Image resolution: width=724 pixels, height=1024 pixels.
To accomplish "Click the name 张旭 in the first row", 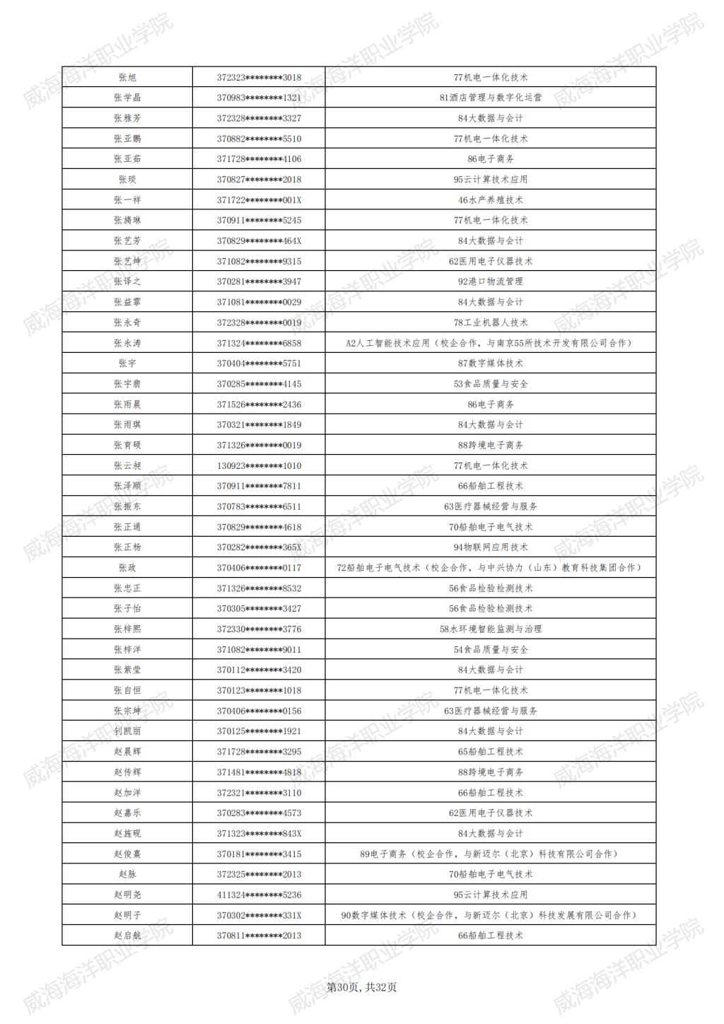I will pos(127,78).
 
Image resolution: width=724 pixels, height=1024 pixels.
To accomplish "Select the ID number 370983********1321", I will pos(259,98).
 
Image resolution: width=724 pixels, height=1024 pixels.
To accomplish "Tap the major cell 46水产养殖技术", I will pos(491,200).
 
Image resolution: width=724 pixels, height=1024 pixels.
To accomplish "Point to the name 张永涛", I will pos(127,343).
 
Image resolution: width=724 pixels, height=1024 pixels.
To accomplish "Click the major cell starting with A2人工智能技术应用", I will pos(491,343).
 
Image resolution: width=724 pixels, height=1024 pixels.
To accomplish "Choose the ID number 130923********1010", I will pos(259,466).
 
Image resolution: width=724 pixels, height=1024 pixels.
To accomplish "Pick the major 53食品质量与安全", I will pos(491,384).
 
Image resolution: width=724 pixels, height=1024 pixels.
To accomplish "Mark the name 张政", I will pos(127,568).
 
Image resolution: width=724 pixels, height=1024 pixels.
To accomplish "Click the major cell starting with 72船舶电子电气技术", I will pos(491,568).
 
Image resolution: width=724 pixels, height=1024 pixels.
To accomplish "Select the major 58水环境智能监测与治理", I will pos(491,629).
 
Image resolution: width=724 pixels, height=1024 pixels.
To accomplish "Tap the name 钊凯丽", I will pos(127,731).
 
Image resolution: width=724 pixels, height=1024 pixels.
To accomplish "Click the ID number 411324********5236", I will pos(259,895).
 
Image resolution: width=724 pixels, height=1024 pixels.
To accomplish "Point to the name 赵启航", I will pos(127,936).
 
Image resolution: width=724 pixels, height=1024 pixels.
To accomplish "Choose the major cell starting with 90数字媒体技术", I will pos(491,915).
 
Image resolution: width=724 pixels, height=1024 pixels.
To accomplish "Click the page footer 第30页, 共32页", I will pos(362,987).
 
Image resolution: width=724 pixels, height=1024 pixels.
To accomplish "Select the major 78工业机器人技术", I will pos(491,322).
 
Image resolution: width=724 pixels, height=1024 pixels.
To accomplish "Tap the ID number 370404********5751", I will pos(259,363).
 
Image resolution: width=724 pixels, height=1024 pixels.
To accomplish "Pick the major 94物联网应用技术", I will pos(491,547).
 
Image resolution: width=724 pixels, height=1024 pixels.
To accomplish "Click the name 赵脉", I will pos(127,874).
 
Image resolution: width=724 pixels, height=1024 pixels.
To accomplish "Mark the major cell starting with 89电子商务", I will pos(491,854).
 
